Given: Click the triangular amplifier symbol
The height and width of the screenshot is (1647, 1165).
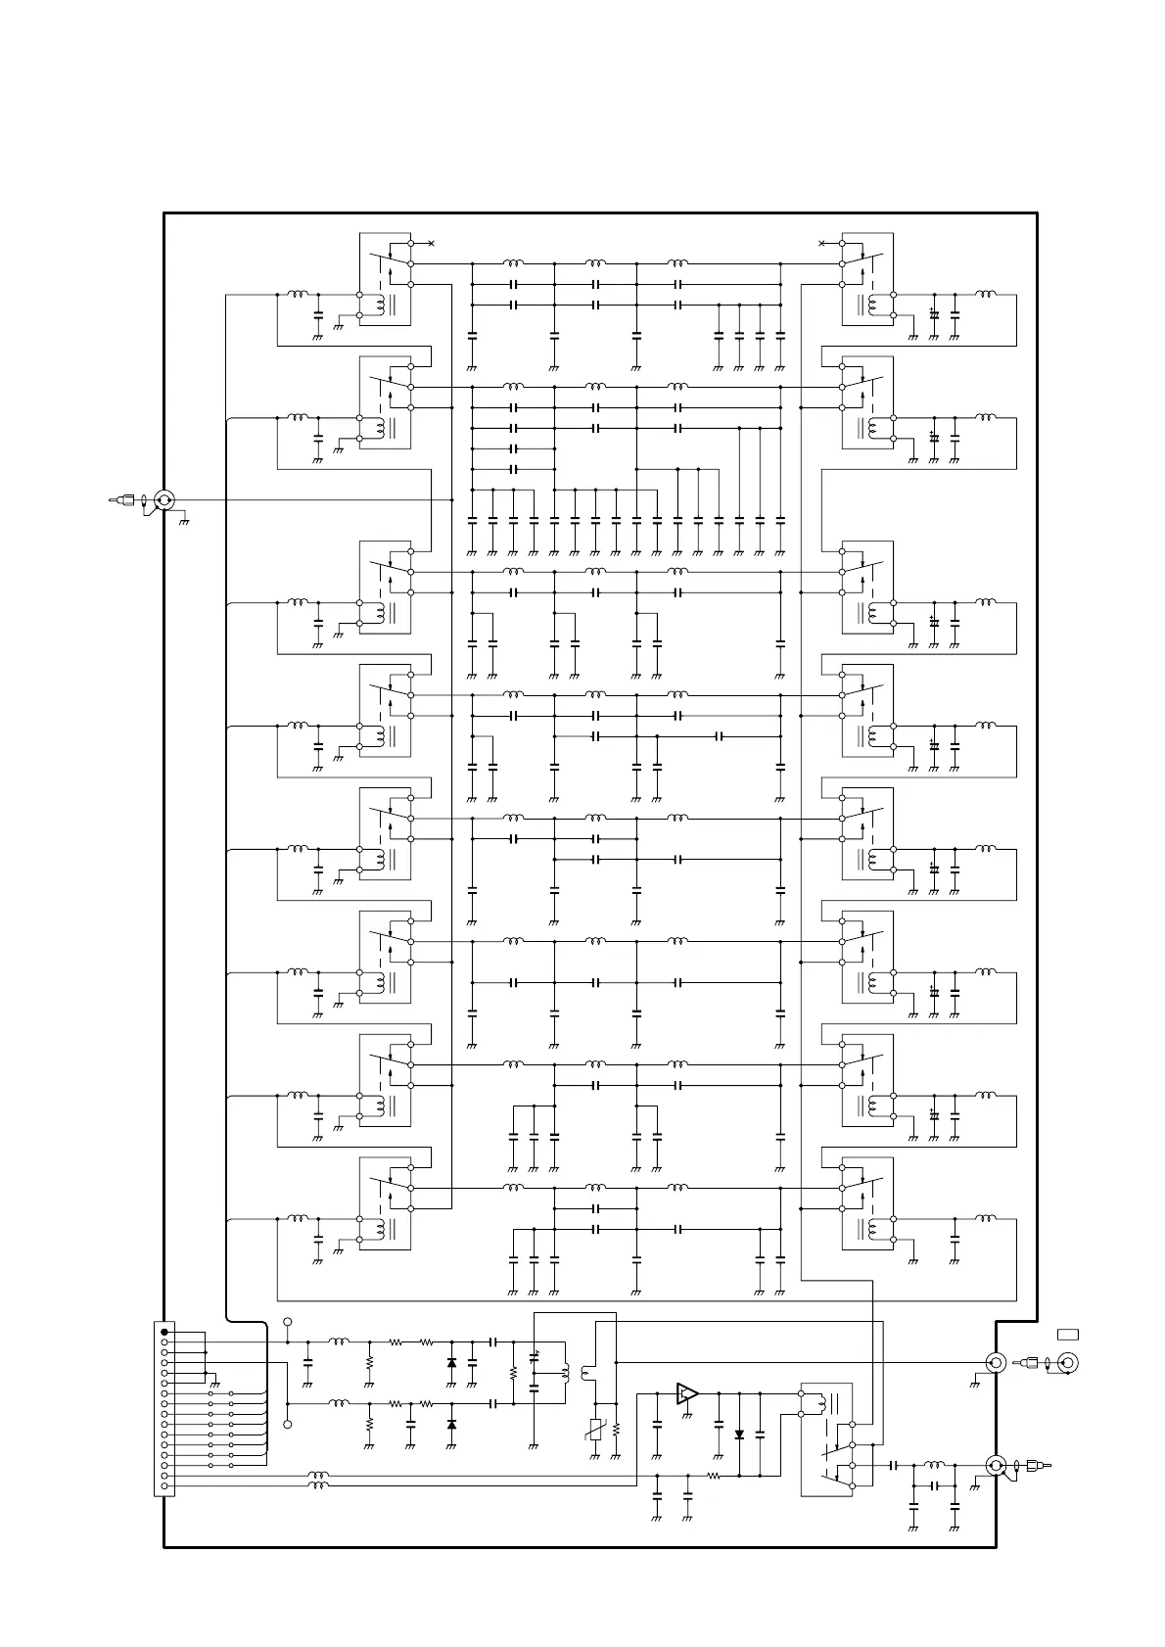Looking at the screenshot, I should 687,1392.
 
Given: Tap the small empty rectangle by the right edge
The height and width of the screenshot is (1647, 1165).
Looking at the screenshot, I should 1067,1333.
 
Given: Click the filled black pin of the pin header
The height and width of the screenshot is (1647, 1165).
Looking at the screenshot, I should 164,1333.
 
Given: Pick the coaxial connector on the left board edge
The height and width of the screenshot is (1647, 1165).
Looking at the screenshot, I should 164,500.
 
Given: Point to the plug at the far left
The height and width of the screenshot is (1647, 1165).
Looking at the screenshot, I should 121,500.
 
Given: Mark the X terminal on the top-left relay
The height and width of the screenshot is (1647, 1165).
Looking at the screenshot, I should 431,243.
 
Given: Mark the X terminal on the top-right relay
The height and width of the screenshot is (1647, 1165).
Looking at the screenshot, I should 820,243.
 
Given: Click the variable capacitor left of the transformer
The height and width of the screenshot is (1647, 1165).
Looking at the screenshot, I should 534,1357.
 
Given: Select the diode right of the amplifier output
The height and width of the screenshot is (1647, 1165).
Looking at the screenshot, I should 739,1435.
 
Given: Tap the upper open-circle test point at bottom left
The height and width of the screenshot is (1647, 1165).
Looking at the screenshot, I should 288,1322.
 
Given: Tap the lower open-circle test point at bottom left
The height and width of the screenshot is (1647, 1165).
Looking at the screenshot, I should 288,1424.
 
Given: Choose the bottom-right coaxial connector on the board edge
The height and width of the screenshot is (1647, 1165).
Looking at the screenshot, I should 996,1465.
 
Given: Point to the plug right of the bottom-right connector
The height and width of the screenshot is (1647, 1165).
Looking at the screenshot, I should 1036,1465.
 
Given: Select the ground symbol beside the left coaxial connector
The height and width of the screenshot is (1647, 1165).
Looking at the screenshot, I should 184,521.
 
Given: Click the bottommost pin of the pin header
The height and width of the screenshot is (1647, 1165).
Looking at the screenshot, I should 164,1486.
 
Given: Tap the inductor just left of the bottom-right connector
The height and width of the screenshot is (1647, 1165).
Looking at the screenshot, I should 934,1465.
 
